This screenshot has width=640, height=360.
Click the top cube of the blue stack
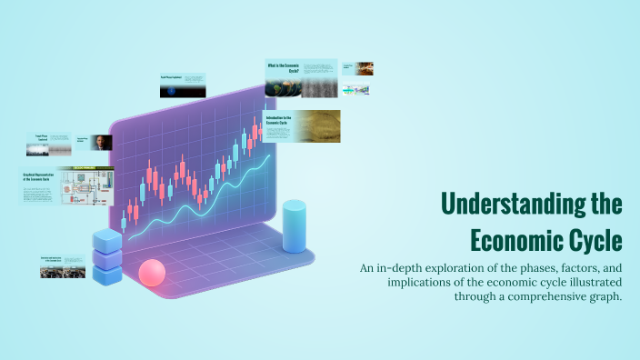(106, 240)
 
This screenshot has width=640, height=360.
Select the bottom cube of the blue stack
(106, 274)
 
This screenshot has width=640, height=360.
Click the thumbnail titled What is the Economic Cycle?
(300, 78)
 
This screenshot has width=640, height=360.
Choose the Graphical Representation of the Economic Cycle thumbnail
(68, 186)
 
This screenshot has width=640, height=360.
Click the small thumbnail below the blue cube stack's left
(62, 265)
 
